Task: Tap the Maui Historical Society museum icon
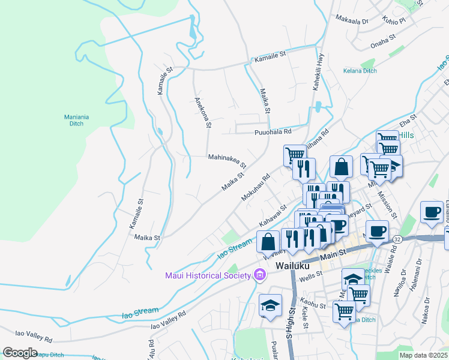tap(259, 275)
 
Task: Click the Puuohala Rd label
tap(273, 131)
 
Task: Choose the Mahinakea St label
tap(228, 160)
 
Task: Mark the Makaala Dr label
tap(352, 20)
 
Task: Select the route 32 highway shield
tap(397, 239)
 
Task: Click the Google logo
tap(20, 353)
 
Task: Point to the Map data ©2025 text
tap(423, 355)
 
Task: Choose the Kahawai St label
tap(272, 216)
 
